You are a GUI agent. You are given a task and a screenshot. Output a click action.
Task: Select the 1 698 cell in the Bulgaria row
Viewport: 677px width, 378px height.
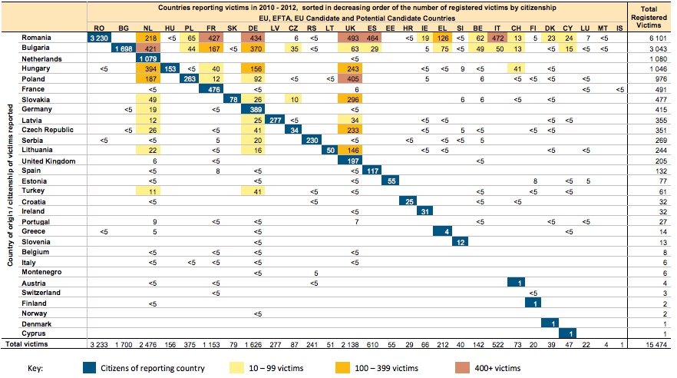pos(123,48)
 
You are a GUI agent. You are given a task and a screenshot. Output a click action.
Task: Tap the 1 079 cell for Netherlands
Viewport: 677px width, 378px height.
pos(149,58)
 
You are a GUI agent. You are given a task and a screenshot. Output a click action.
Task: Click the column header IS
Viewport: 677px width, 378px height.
pos(619,28)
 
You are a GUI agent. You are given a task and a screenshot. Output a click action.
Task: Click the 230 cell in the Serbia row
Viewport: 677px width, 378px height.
pos(312,140)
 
